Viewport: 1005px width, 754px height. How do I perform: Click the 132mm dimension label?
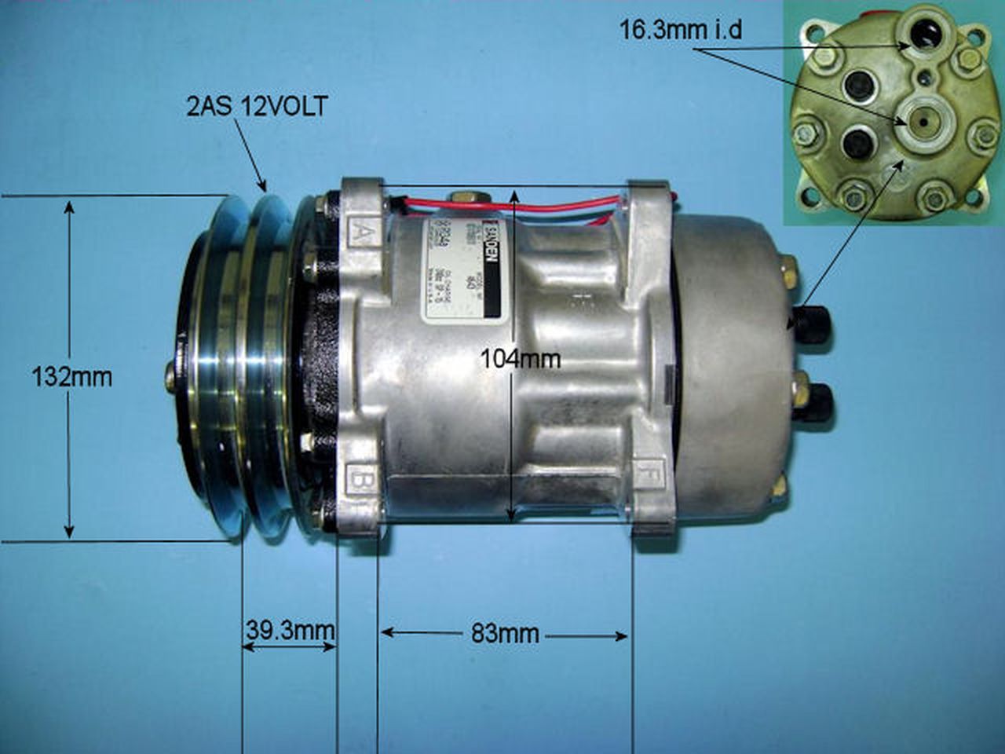click(71, 377)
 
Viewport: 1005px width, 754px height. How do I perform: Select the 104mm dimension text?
click(521, 359)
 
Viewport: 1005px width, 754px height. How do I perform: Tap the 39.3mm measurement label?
click(289, 630)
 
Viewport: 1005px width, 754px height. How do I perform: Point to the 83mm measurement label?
click(505, 634)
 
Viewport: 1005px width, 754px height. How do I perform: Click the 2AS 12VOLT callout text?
click(256, 107)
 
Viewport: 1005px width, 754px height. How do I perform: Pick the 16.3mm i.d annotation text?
click(681, 31)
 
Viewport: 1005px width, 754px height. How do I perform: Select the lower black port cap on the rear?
click(817, 401)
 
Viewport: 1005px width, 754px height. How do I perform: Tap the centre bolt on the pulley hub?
click(170, 377)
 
